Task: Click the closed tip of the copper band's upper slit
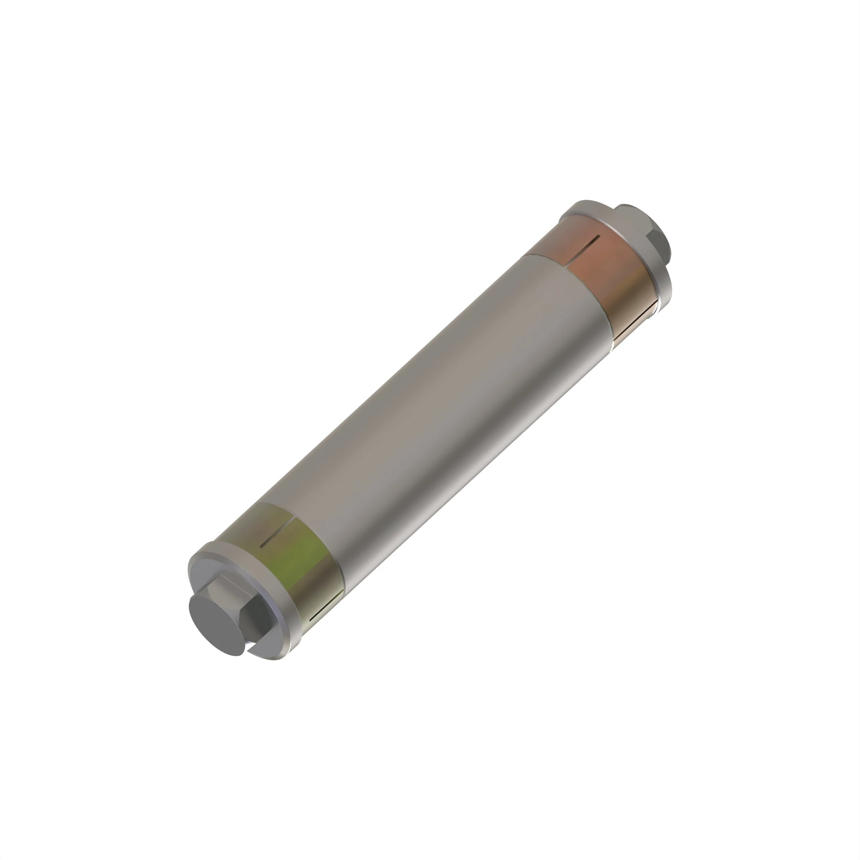pyautogui.click(x=599, y=236)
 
